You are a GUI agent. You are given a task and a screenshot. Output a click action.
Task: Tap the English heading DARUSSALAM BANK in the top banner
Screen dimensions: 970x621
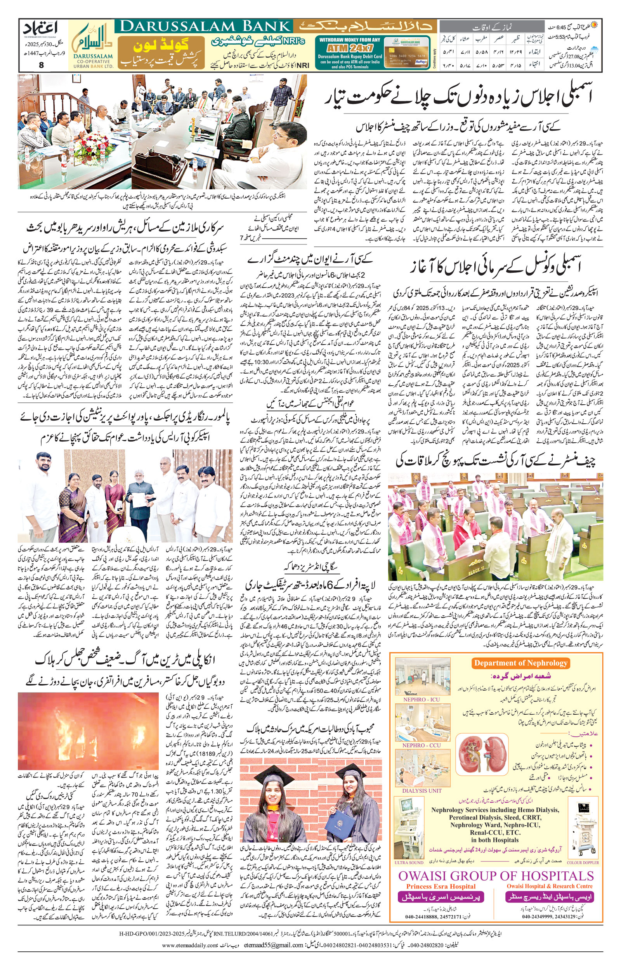coord(203,27)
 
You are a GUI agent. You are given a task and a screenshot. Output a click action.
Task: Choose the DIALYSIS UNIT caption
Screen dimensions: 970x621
coord(422,790)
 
